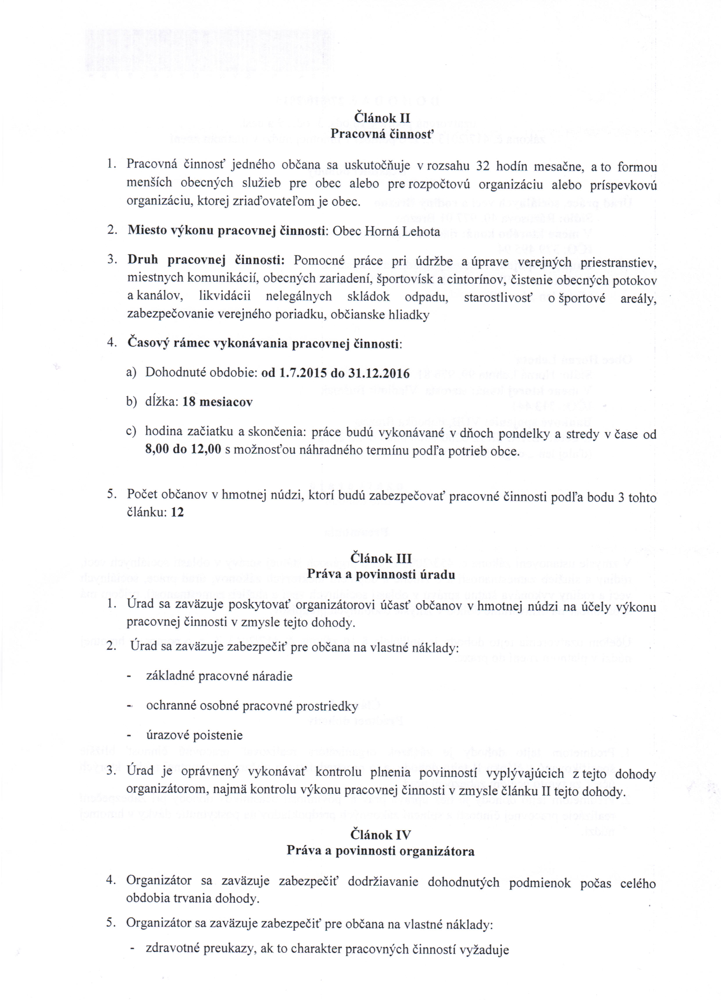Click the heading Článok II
[382, 118]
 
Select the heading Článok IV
[381, 835]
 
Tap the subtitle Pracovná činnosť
[383, 133]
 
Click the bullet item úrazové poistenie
[194, 735]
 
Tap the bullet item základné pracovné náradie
[219, 676]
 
